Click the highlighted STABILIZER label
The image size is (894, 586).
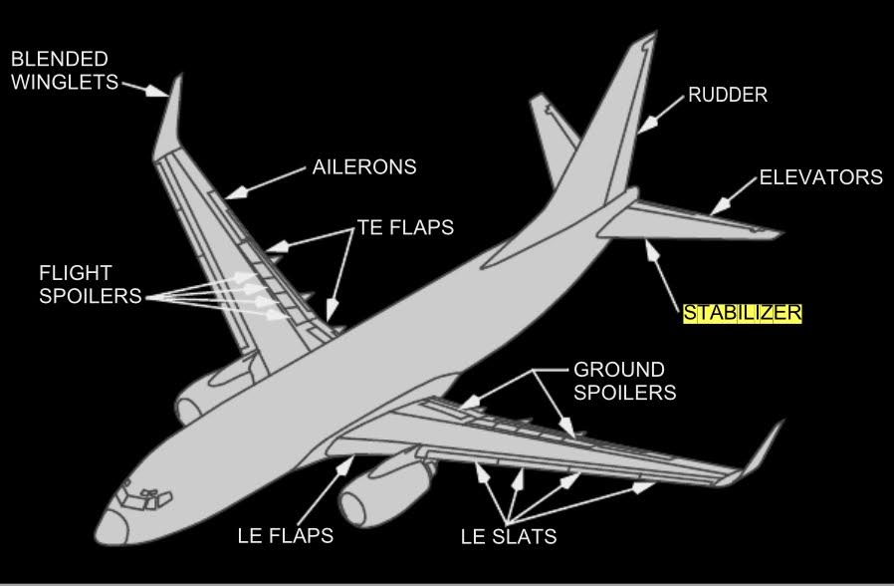click(742, 313)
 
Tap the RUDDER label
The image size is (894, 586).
click(728, 96)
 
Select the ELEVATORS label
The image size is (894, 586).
click(820, 177)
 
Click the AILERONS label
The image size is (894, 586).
click(364, 166)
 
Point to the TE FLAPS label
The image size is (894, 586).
click(405, 227)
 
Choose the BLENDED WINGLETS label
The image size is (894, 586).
click(60, 71)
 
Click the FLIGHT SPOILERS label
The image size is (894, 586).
click(76, 284)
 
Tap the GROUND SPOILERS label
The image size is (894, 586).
click(624, 380)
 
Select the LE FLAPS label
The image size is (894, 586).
click(285, 536)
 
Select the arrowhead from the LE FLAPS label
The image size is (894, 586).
click(348, 461)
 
